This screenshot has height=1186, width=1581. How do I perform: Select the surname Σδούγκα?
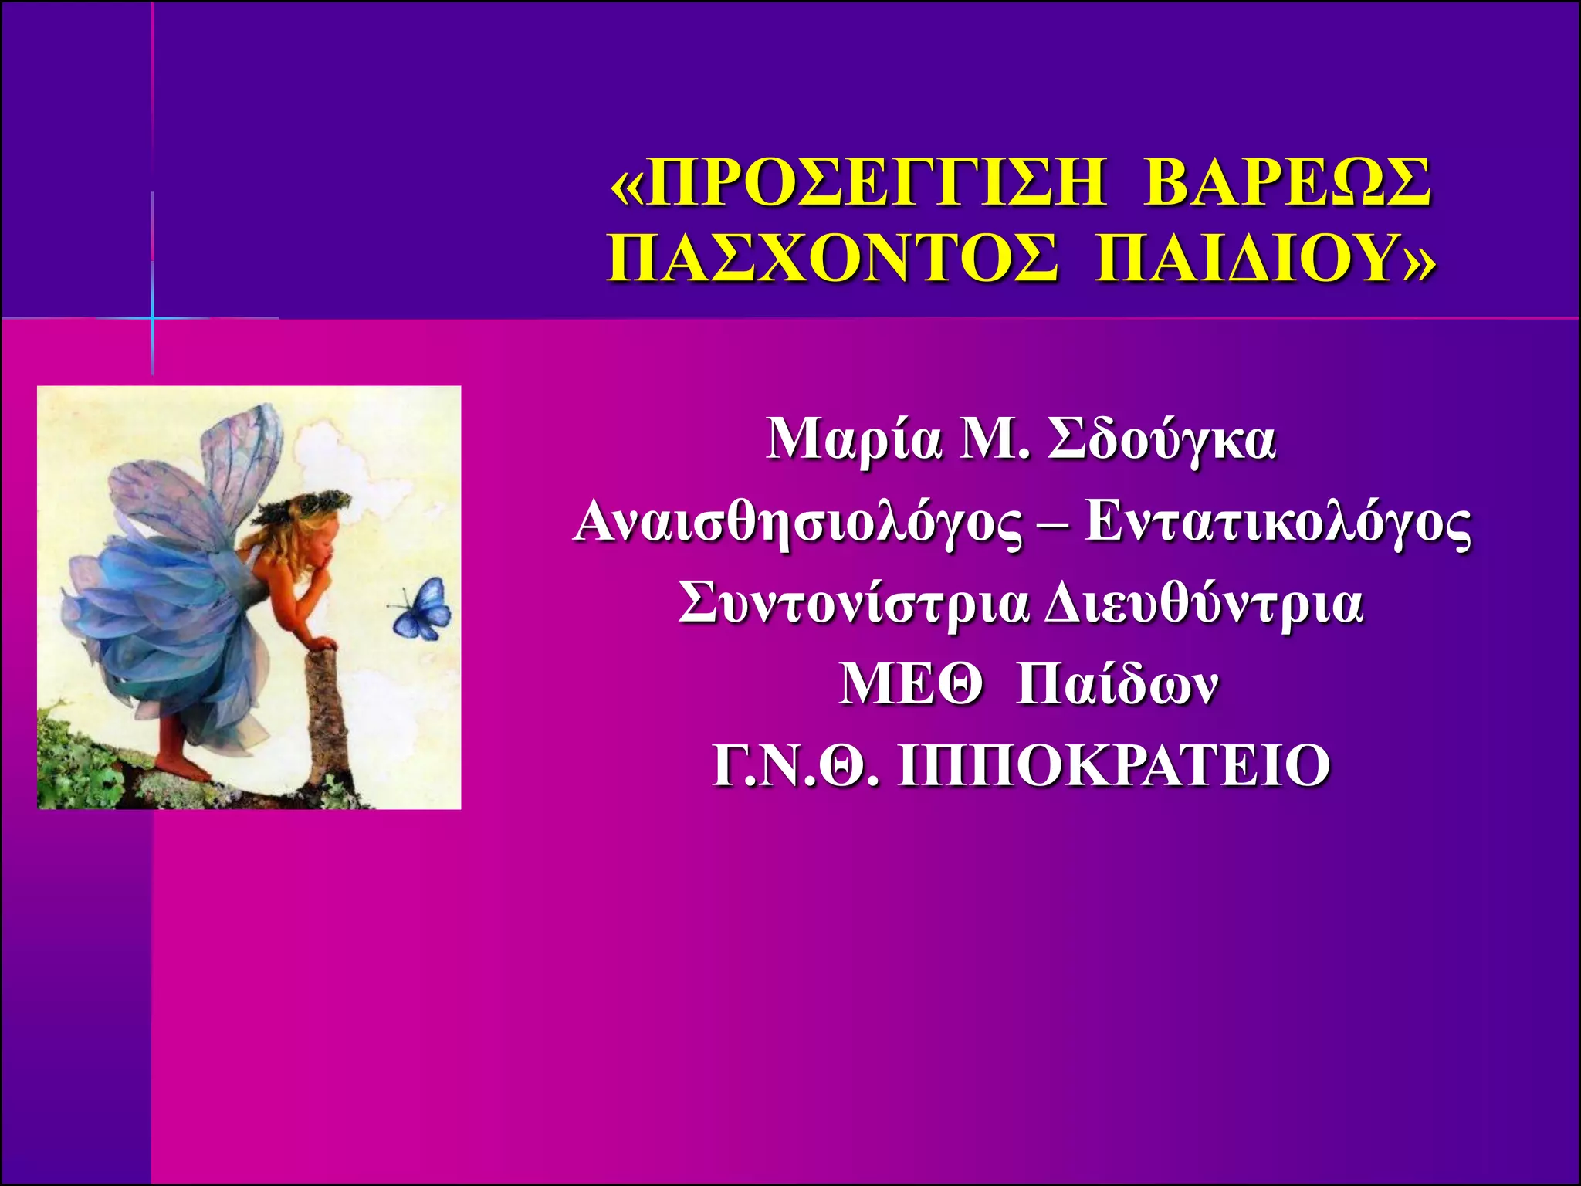tap(1161, 442)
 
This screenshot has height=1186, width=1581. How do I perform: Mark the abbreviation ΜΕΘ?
tap(911, 684)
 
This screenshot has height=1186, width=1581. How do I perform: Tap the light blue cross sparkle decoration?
tap(153, 317)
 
